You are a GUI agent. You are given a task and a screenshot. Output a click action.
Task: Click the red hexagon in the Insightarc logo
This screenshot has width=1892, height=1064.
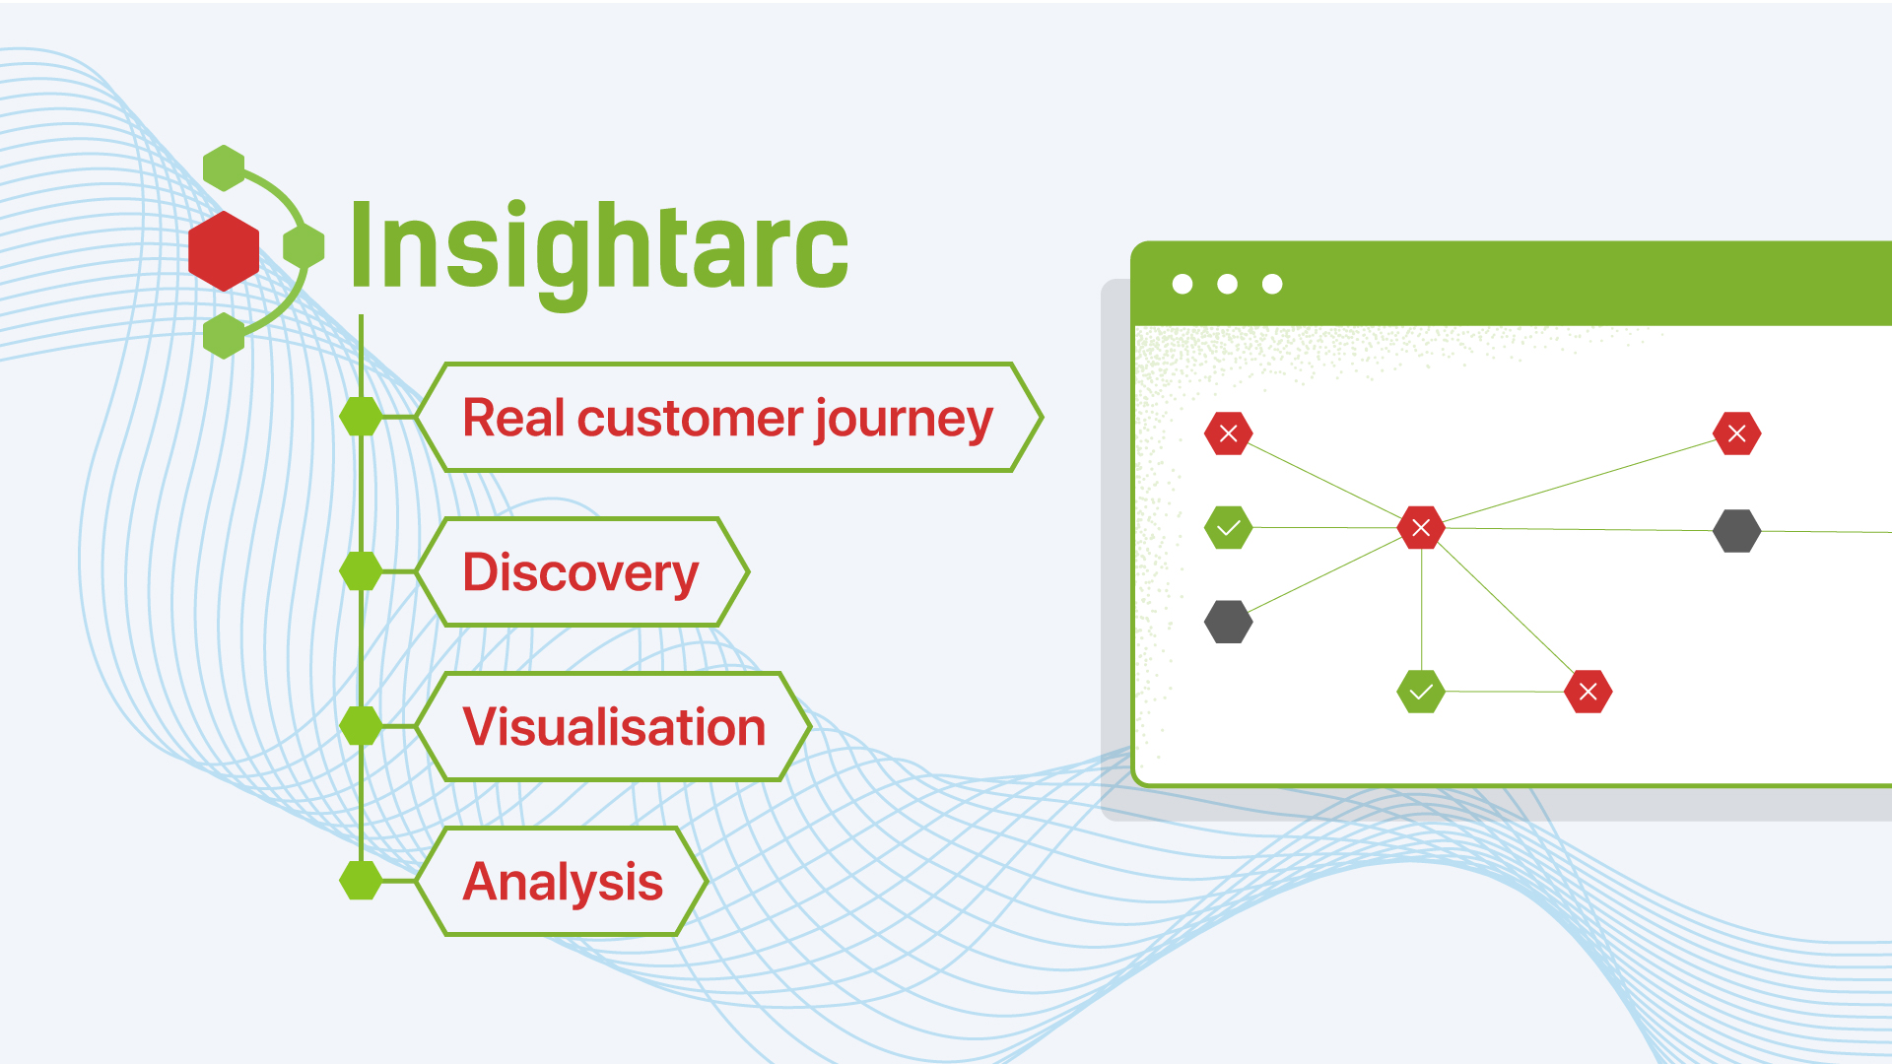tap(224, 251)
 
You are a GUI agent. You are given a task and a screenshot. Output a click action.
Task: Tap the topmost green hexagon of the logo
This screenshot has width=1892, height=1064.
tap(224, 167)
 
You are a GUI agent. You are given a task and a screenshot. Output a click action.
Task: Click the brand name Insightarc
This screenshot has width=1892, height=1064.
tap(599, 248)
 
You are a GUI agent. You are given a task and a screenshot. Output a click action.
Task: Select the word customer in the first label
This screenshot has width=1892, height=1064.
tap(690, 419)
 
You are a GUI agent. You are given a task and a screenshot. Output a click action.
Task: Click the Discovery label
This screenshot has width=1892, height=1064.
tap(581, 572)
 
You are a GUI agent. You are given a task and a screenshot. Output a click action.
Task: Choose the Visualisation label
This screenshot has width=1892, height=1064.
tap(614, 727)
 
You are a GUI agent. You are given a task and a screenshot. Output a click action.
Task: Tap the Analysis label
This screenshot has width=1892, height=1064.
tap(563, 882)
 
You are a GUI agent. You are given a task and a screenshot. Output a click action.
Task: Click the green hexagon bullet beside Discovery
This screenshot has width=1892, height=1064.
tap(361, 571)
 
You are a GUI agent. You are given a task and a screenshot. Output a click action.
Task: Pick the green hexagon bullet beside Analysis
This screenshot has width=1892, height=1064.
tap(361, 881)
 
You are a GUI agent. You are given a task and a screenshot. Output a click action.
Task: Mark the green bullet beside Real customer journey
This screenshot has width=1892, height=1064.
tap(361, 417)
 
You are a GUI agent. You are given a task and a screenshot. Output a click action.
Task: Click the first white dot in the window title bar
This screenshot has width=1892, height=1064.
tap(1182, 284)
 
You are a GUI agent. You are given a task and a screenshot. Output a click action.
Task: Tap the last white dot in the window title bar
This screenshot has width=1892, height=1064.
tap(1272, 284)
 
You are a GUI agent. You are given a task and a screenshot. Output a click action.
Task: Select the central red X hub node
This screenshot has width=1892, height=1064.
tap(1421, 528)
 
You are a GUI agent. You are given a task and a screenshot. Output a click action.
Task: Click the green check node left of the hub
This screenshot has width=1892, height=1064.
tap(1229, 528)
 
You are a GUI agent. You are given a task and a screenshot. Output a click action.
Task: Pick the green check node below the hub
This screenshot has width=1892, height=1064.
tap(1421, 692)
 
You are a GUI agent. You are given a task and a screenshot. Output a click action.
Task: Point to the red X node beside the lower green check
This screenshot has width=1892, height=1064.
tap(1588, 692)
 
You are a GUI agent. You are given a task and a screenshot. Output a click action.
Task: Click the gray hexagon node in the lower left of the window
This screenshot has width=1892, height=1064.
tap(1229, 622)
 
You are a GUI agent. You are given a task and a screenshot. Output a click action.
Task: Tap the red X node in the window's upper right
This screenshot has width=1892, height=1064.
tap(1737, 433)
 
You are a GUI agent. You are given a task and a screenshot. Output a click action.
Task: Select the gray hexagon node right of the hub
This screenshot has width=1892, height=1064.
tap(1737, 531)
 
